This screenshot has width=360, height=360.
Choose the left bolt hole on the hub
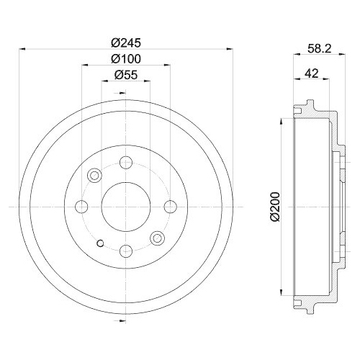tap(82, 207)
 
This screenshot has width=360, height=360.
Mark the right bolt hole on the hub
tap(170, 207)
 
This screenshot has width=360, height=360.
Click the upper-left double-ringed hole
tap(95, 176)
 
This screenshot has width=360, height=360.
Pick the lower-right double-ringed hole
tap(157, 238)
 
